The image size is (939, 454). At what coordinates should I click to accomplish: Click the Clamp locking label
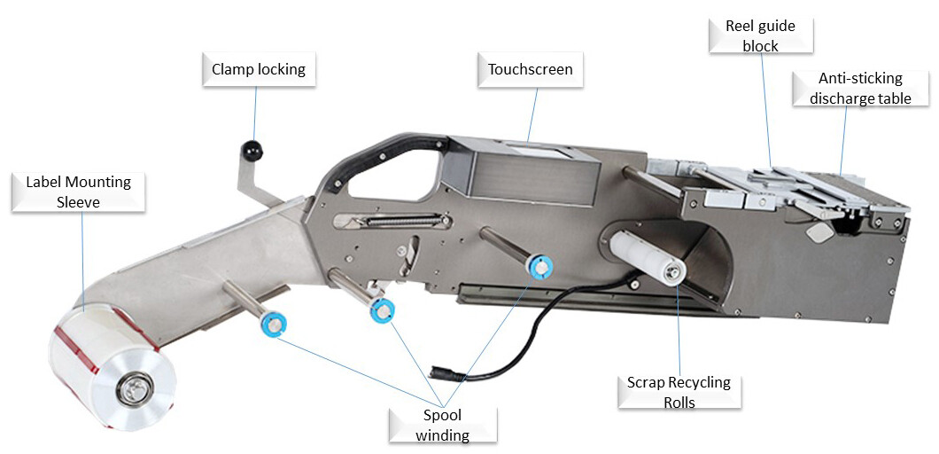pos(259,69)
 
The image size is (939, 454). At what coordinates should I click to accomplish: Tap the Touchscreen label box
pos(530,69)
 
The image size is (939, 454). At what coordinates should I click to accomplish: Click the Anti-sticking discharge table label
pos(859,88)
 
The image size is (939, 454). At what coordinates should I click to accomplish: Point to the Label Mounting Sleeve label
pos(78,192)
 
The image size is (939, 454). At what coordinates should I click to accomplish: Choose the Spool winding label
pos(441,425)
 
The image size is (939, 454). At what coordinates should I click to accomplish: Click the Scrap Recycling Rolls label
pos(679,392)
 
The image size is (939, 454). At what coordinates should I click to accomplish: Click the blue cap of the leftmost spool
pos(274,324)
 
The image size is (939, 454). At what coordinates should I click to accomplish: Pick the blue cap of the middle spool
pos(382,311)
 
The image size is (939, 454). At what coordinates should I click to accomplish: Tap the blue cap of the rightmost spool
pos(538,264)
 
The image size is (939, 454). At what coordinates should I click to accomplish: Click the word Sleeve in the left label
pos(79,201)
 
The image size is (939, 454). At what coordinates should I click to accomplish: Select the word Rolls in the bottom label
pos(679,402)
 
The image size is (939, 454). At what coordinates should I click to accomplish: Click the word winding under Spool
pos(441,434)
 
